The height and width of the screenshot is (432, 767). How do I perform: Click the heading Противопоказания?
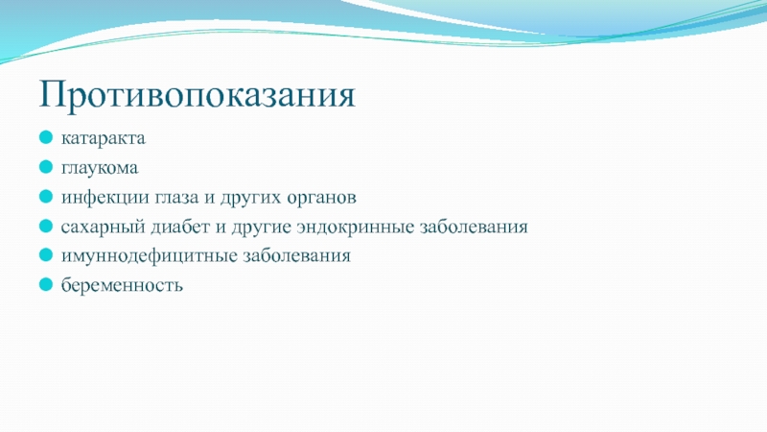tap(198, 94)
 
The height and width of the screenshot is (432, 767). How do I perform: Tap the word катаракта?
tap(104, 138)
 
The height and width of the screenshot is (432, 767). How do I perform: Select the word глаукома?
tap(100, 168)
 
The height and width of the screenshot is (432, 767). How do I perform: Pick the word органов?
tap(321, 198)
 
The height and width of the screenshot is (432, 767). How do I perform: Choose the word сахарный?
tap(104, 227)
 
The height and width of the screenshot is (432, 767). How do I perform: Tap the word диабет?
tap(180, 227)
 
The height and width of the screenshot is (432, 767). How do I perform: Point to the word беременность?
tap(122, 284)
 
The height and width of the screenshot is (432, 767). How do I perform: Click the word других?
tap(250, 198)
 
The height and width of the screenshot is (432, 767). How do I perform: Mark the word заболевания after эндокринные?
tap(474, 227)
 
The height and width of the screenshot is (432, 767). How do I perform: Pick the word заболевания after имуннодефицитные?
tap(297, 255)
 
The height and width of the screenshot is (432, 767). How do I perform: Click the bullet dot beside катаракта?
tap(46, 137)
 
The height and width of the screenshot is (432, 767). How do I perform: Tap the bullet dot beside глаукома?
tap(46, 167)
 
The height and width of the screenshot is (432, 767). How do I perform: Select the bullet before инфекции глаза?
tap(46, 197)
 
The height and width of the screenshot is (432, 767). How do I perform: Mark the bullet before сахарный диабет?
tap(46, 226)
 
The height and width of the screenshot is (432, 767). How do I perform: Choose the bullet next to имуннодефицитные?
tap(46, 254)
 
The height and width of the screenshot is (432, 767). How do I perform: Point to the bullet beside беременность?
tap(46, 284)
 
